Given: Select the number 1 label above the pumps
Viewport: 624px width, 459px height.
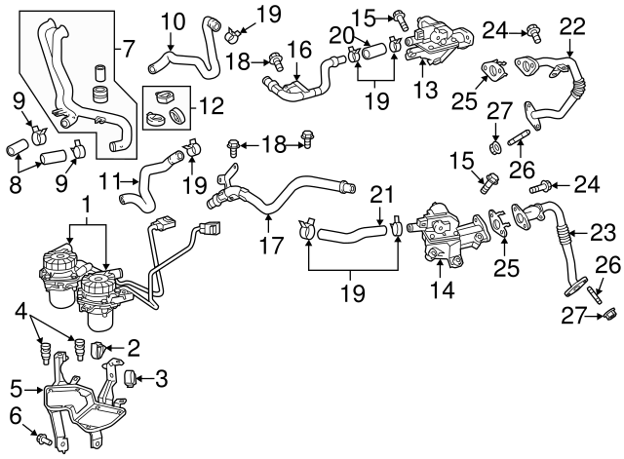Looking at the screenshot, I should click(87, 206).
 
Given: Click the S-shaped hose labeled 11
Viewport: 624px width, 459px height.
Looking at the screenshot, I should click(146, 180).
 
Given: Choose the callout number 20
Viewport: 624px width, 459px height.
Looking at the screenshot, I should click(337, 35).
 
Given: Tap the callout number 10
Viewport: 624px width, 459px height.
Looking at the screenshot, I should click(172, 19).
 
